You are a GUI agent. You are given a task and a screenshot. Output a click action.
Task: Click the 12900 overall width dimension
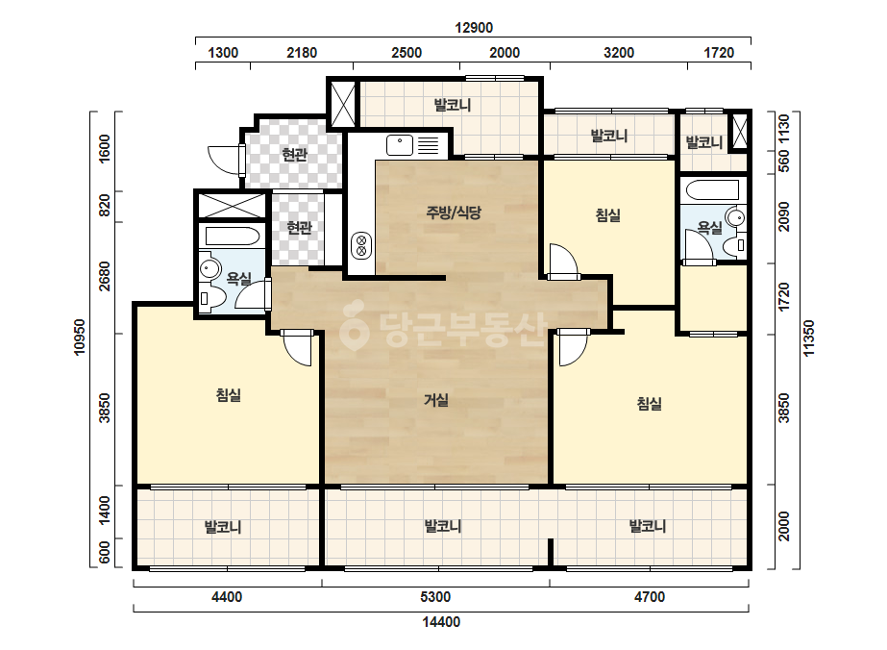pyautogui.click(x=474, y=28)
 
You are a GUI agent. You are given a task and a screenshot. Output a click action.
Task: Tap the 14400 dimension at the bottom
pyautogui.click(x=441, y=622)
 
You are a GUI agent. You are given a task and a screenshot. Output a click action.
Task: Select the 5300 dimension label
pyautogui.click(x=435, y=597)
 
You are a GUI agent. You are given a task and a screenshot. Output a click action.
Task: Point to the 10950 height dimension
pyautogui.click(x=80, y=337)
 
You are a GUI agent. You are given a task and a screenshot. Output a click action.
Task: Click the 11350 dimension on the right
pyautogui.click(x=809, y=338)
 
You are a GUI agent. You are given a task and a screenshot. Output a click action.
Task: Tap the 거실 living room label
pyautogui.click(x=436, y=400)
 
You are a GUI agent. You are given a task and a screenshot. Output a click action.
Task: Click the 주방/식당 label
pyautogui.click(x=454, y=212)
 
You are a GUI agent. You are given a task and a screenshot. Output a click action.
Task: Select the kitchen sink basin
pyautogui.click(x=400, y=145)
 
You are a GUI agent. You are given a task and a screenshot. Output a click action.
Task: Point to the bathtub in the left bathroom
pyautogui.click(x=232, y=237)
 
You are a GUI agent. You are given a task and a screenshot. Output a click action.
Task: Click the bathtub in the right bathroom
pyautogui.click(x=710, y=190)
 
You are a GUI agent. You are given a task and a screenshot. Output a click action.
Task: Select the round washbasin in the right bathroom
pyautogui.click(x=736, y=217)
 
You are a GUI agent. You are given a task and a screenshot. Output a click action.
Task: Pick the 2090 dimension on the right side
pyautogui.click(x=783, y=217)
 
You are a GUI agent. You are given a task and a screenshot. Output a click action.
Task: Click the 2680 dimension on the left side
pyautogui.click(x=105, y=276)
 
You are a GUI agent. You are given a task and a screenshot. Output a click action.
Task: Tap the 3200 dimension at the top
pyautogui.click(x=618, y=53)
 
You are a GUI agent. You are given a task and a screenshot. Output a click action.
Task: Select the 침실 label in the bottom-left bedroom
pyautogui.click(x=229, y=394)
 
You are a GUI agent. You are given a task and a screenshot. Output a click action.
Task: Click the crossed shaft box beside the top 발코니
pyautogui.click(x=343, y=104)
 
